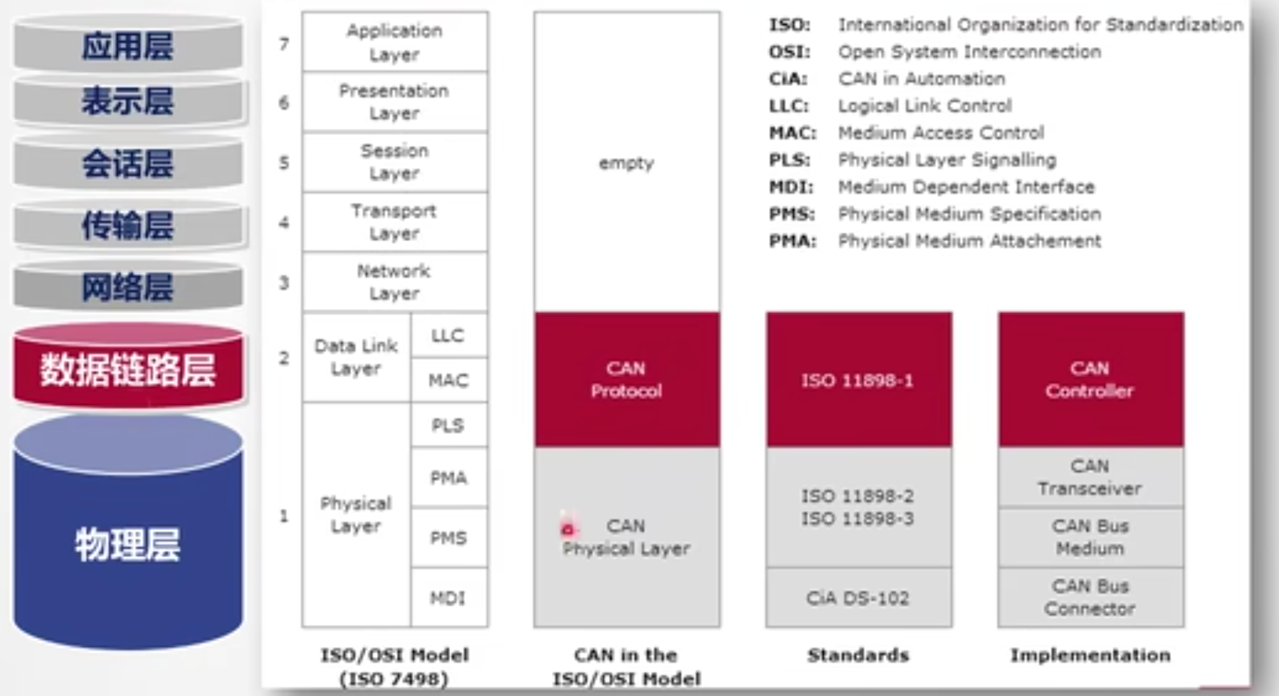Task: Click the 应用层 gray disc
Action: point(128,46)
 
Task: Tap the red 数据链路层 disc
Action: point(128,369)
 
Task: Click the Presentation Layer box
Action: point(394,101)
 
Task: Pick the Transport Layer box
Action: point(394,222)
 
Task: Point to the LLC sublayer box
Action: point(448,335)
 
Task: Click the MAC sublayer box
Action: point(448,380)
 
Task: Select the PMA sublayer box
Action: point(448,478)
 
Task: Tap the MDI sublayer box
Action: point(448,597)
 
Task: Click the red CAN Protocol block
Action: point(626,380)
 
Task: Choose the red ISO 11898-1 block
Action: point(858,380)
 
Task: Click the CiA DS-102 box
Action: point(858,597)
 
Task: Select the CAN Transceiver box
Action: point(1090,477)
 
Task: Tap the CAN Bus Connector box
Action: point(1090,597)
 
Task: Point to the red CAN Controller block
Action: point(1090,380)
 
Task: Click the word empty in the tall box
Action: point(626,163)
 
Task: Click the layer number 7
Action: point(284,44)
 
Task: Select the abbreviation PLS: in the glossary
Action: point(789,160)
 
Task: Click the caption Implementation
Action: point(1090,655)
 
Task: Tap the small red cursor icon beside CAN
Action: point(568,529)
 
